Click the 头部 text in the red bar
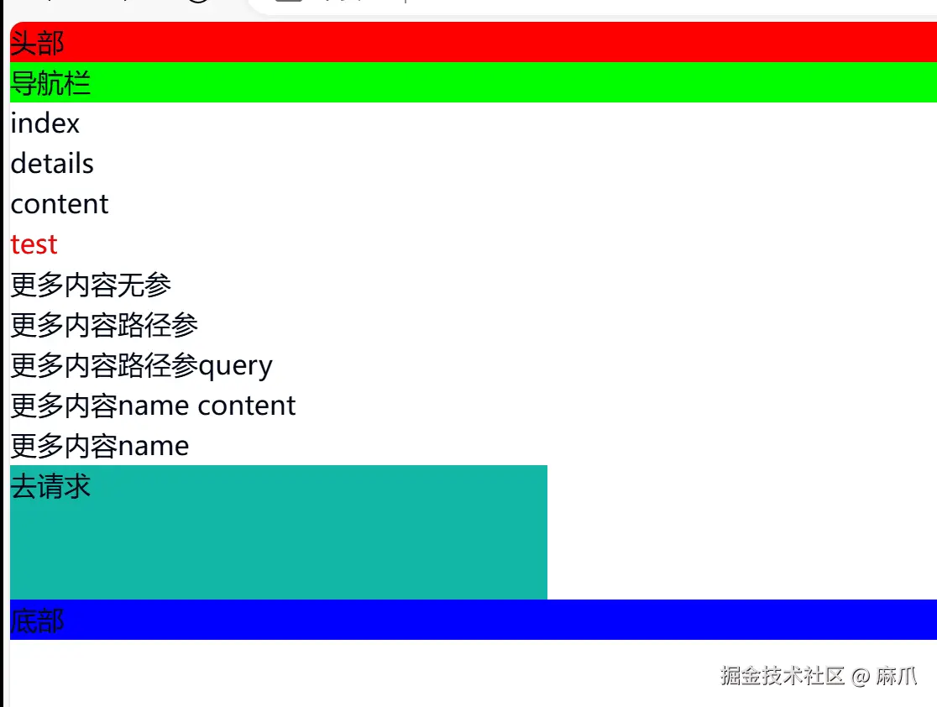[x=37, y=43]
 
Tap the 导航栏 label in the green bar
[x=50, y=83]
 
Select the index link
[x=45, y=123]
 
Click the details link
[x=52, y=164]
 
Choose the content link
[x=60, y=204]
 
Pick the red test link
[x=34, y=244]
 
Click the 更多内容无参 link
[x=91, y=285]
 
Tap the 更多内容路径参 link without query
[x=104, y=325]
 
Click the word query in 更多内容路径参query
[x=236, y=366]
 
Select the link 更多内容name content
[x=153, y=406]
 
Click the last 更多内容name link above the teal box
[x=100, y=446]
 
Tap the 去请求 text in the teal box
[x=50, y=486]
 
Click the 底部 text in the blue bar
[x=37, y=621]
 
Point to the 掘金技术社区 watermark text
[x=782, y=676]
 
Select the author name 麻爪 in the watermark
[x=897, y=676]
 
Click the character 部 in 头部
[x=50, y=43]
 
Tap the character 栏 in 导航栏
[x=77, y=83]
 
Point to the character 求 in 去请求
[x=77, y=486]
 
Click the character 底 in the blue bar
[x=24, y=621]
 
